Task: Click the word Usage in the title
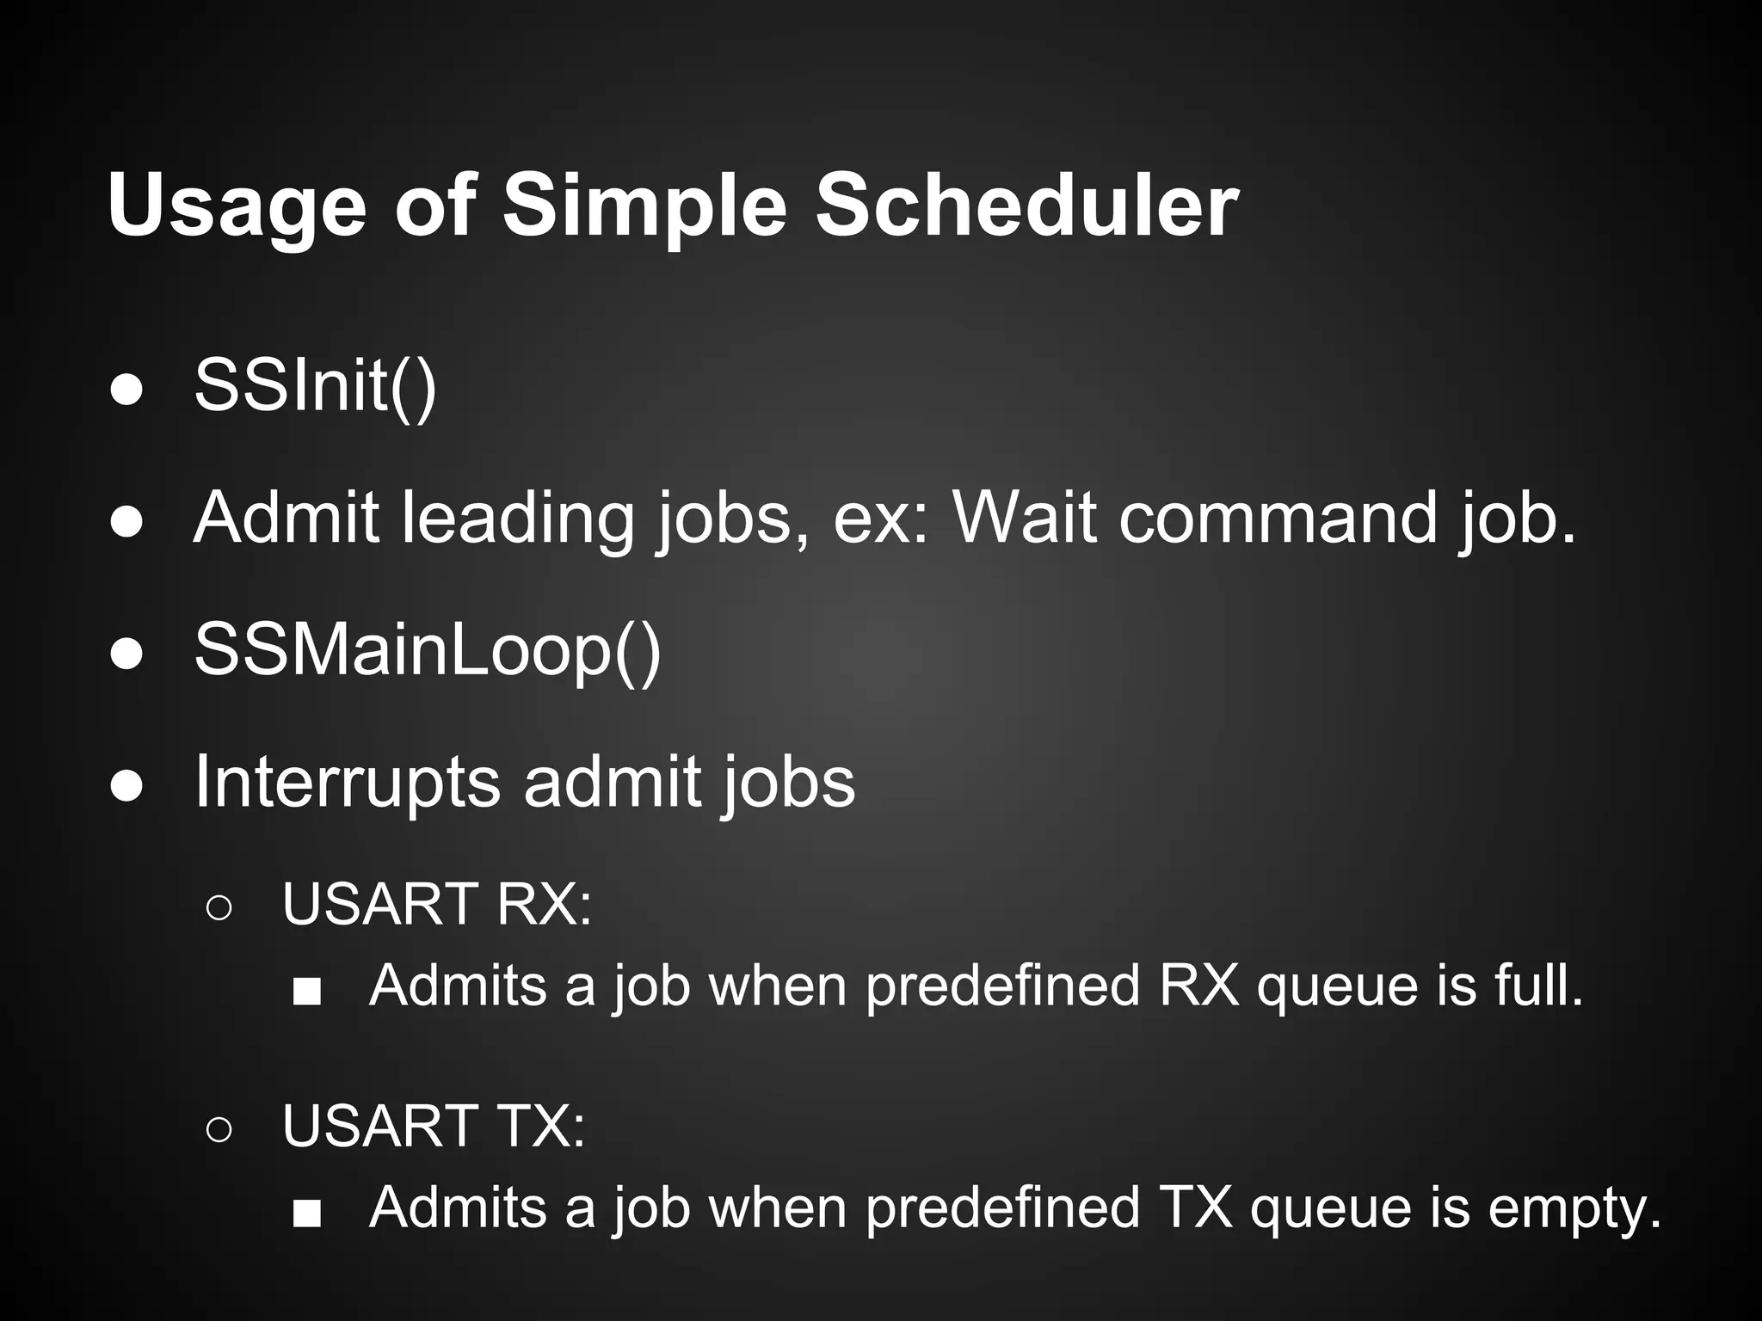[237, 207]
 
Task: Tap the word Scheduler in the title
[1026, 206]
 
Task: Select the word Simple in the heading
[644, 207]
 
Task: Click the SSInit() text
[315, 386]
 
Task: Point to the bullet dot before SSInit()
[127, 390]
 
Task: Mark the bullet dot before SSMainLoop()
[127, 654]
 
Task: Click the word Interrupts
[347, 782]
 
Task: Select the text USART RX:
[437, 904]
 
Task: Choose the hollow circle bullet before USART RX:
[219, 908]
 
